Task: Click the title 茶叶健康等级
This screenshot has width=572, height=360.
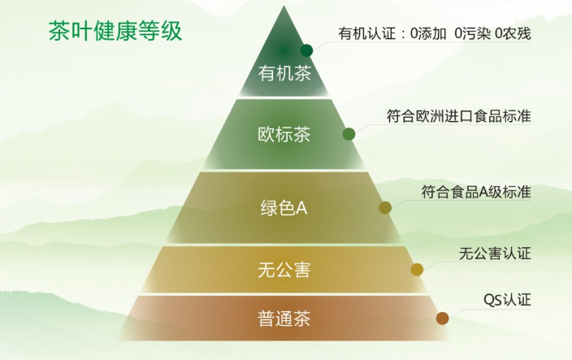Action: tap(115, 32)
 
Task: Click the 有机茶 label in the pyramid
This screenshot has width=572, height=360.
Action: tap(284, 76)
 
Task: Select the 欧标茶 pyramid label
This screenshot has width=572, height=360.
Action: tap(284, 134)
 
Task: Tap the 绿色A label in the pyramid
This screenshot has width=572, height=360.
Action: tap(284, 208)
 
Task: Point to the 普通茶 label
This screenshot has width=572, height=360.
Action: tap(284, 318)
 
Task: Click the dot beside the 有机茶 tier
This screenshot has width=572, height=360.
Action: tap(306, 50)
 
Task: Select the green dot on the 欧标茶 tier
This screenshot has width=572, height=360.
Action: tap(349, 134)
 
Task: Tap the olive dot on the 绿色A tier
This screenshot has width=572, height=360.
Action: tap(385, 207)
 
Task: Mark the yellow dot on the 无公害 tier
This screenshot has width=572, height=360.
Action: tap(417, 270)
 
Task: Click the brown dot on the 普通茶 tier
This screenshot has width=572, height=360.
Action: tap(442, 318)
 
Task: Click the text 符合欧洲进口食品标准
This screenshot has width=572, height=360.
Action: tap(458, 115)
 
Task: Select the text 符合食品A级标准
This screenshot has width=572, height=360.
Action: tap(475, 192)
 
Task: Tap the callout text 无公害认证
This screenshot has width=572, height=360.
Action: tap(494, 254)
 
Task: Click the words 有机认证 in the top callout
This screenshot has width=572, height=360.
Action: tap(366, 34)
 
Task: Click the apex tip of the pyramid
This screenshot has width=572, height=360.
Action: tap(284, 7)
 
